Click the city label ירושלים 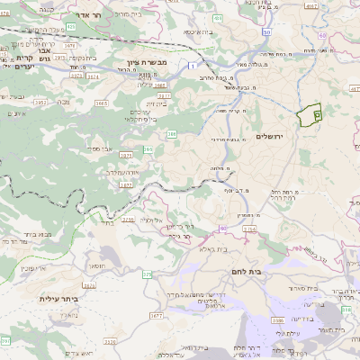click(x=269, y=136)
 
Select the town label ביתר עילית click(x=59, y=299)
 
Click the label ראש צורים click(x=116, y=343)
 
